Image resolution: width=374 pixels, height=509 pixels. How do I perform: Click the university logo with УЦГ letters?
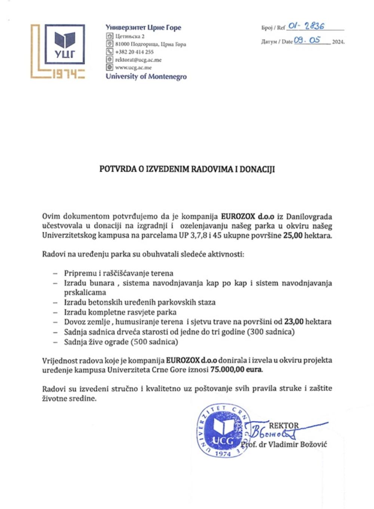coord(65,44)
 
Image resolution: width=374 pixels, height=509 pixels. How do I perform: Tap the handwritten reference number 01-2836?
coord(306,26)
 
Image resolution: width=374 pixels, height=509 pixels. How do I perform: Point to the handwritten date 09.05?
coord(307,40)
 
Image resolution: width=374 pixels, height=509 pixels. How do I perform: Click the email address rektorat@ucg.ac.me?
coord(138,60)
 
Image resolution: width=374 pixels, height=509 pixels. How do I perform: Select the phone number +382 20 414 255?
coord(134,52)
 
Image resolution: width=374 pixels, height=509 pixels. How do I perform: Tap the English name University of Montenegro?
coord(146,77)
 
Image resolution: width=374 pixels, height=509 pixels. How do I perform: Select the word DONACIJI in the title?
coord(257,169)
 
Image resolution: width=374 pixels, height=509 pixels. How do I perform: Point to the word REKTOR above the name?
coord(284,425)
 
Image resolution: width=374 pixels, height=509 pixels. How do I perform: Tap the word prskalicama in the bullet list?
coord(85,292)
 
